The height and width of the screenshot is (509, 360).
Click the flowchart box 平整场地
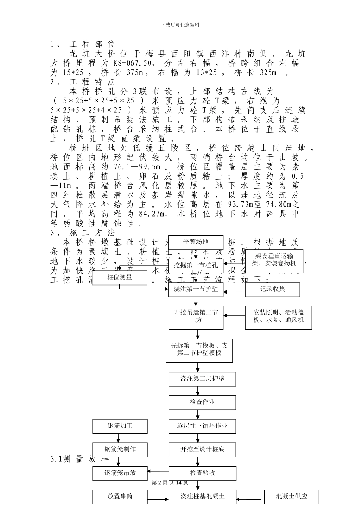pyautogui.click(x=196, y=242)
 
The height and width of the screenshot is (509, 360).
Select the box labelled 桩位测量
pyautogui.click(x=119, y=278)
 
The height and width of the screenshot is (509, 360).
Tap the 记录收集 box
pyautogui.click(x=272, y=289)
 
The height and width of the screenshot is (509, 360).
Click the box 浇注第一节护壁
pyautogui.click(x=196, y=289)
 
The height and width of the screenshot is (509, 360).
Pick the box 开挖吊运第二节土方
pyautogui.click(x=196, y=316)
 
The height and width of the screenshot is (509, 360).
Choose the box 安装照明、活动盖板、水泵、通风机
pyautogui.click(x=279, y=316)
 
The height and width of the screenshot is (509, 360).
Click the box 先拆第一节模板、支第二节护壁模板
pyautogui.click(x=199, y=349)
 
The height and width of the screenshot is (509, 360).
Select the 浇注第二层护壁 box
pyautogui.click(x=202, y=378)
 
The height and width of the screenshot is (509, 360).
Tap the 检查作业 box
pyautogui.click(x=202, y=402)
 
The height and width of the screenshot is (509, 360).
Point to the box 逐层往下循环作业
pyautogui.click(x=202, y=426)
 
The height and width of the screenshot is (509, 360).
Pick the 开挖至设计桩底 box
pyautogui.click(x=202, y=450)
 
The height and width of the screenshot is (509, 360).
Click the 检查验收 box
pyautogui.click(x=202, y=473)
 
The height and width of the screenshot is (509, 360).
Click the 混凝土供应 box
pyautogui.click(x=291, y=496)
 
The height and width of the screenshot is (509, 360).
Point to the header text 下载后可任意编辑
pyautogui.click(x=180, y=25)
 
